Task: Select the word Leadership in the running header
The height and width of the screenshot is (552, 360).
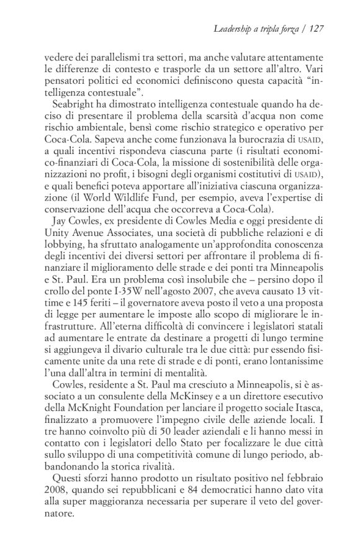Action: (233, 29)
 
